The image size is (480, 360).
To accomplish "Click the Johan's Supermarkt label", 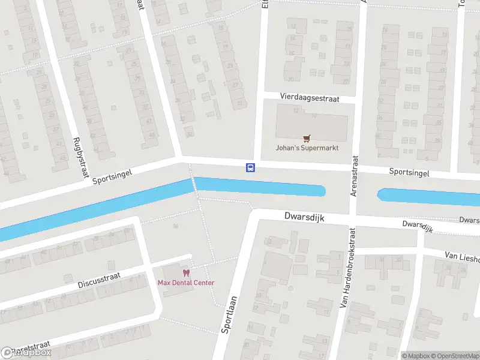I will tap(307, 148).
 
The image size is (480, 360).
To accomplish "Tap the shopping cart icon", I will tap(307, 138).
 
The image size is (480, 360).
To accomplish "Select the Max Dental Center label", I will tap(186, 283).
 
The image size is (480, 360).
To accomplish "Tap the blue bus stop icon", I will tap(250, 167).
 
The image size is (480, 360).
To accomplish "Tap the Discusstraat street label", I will tap(99, 280).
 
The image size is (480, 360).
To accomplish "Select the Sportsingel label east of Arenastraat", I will tap(409, 172).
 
